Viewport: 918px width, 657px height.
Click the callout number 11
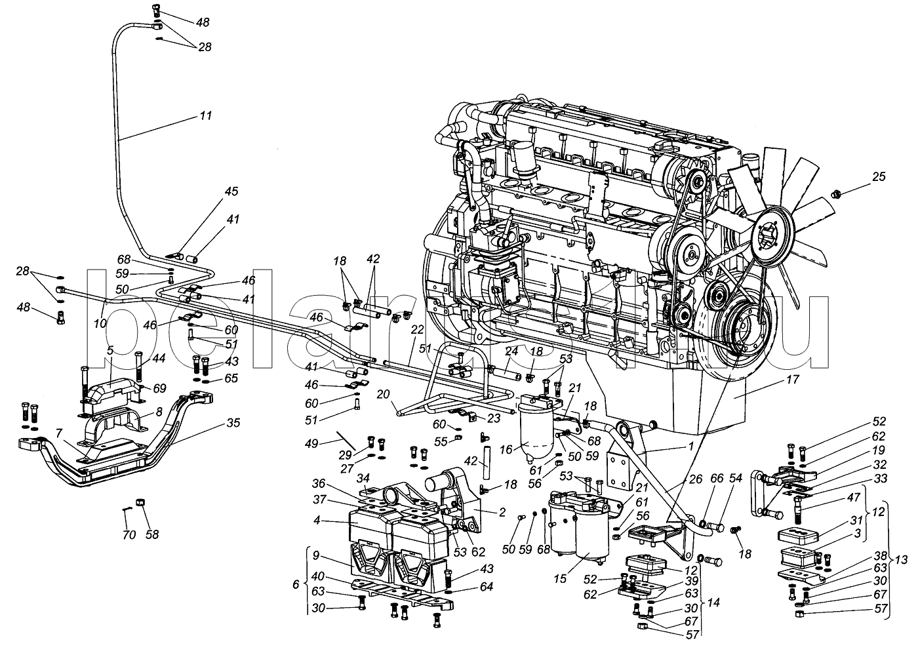(x=206, y=115)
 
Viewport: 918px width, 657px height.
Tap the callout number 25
(x=878, y=176)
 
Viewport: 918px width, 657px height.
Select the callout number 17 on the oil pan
(x=793, y=380)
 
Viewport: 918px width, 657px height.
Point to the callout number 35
(x=233, y=422)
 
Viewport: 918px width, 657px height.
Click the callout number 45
(x=231, y=191)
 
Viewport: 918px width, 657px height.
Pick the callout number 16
(x=506, y=450)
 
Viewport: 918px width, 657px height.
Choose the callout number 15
(x=560, y=579)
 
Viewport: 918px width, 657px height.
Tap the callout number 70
(x=129, y=535)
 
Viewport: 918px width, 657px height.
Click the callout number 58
(x=152, y=535)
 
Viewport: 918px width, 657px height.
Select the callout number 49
(x=312, y=443)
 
